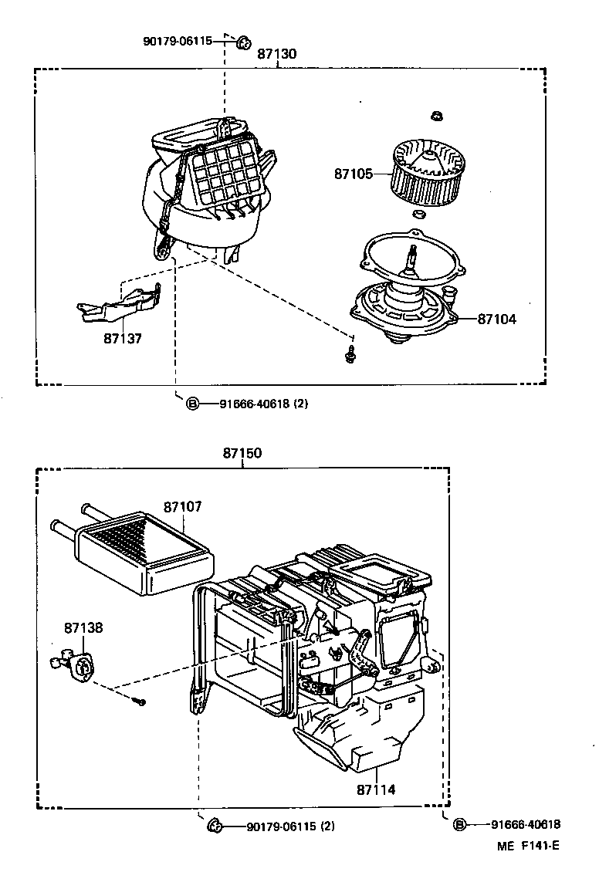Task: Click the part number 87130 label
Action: [x=276, y=54]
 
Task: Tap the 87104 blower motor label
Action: [x=496, y=319]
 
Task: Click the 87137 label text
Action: [x=123, y=338]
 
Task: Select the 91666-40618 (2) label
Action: [x=263, y=403]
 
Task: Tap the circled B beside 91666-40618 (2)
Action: [x=192, y=403]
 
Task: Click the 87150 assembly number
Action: [x=242, y=454]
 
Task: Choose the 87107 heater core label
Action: [x=182, y=507]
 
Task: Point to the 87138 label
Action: [x=83, y=628]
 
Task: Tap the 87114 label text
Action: [x=376, y=789]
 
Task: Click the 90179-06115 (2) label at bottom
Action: [x=290, y=826]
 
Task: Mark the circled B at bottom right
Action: [x=459, y=824]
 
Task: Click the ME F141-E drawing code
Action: [x=528, y=845]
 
